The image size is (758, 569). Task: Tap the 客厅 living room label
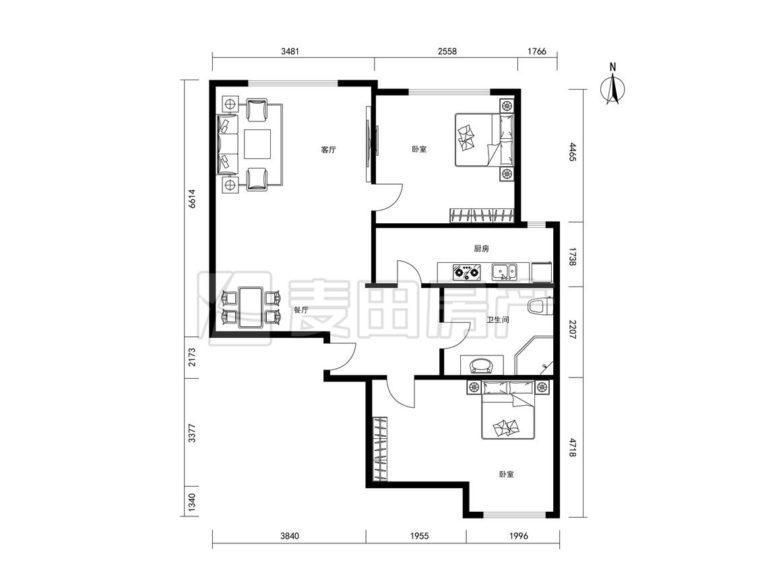coord(328,150)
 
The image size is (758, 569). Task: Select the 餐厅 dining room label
coord(301,310)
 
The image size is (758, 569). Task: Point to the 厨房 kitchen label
coord(481,249)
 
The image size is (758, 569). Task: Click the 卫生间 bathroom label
coord(497,320)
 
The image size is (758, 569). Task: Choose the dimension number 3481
coord(290,51)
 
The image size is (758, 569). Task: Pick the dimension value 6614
coord(192,198)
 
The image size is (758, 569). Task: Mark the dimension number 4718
coord(573,448)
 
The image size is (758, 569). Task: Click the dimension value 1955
coord(418,535)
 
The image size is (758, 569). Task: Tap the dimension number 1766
coord(536,51)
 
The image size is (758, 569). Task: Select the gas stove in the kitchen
coord(466,272)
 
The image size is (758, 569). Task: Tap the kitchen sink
coord(504,272)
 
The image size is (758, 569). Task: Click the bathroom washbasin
coord(482,365)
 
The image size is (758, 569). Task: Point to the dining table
coord(251,307)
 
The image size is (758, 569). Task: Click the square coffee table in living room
coord(257,144)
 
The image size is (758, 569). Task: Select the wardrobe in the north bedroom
coord(482,215)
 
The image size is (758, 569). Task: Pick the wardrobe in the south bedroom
coord(380,449)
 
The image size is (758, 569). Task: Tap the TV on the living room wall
coord(371,144)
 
